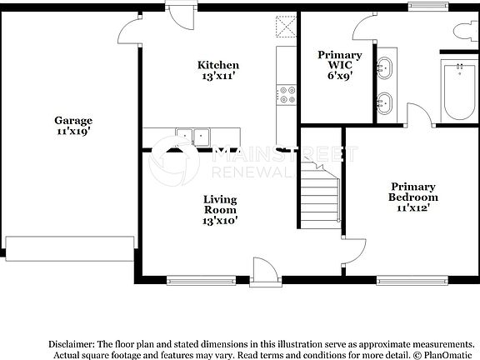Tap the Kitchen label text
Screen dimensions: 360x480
coord(217,70)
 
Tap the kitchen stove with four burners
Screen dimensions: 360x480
coord(287,95)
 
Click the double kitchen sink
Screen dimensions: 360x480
coord(192,137)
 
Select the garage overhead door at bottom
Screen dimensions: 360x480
coord(69,247)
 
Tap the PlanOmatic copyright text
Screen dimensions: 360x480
coord(447,355)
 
